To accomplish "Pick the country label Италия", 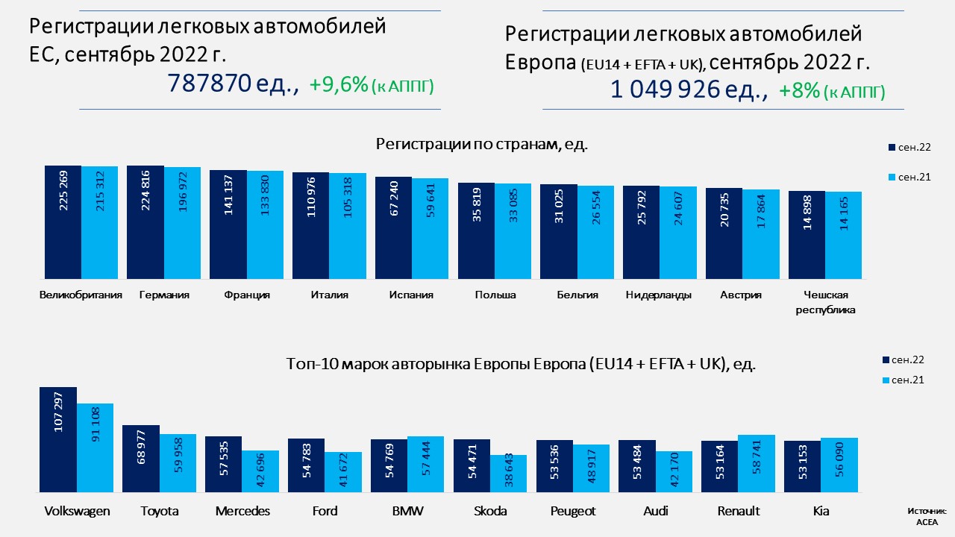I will click(329, 295).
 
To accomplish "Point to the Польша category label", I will click(495, 295).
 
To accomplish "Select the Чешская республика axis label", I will click(825, 302).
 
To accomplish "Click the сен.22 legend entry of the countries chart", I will click(908, 148).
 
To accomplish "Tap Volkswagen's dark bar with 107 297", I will click(58, 440).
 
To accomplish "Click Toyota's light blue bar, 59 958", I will click(178, 463).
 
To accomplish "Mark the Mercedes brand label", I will click(242, 511).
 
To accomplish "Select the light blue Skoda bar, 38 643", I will click(509, 474).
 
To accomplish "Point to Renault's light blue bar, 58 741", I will click(757, 463).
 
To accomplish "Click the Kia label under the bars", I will click(821, 511).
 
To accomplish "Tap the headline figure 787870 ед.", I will click(233, 84).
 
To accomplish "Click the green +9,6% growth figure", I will click(339, 85).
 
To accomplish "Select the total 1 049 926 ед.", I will click(689, 89).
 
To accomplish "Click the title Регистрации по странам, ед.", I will click(482, 144).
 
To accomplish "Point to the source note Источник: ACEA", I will click(927, 516).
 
